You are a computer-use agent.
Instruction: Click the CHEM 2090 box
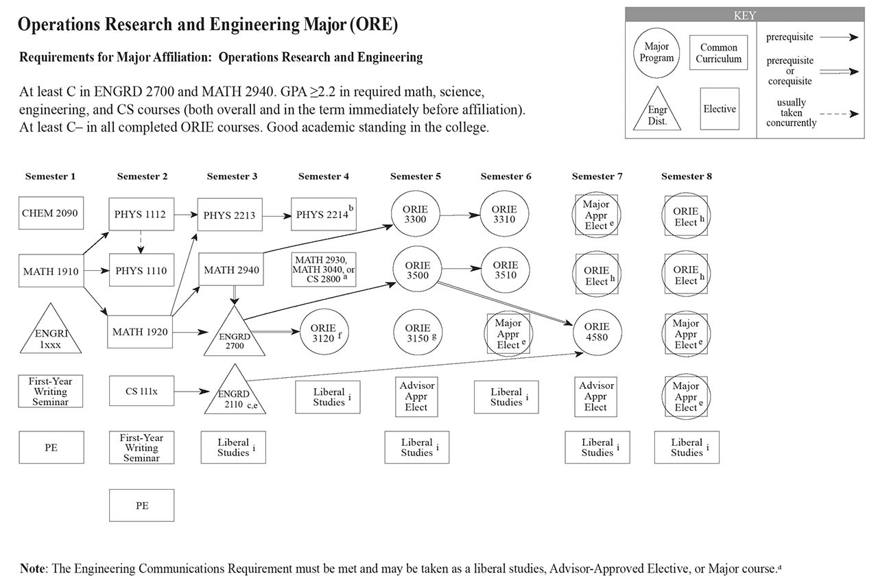coord(50,213)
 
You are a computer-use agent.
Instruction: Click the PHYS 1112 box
coord(141,214)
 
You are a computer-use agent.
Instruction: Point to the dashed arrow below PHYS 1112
coord(141,241)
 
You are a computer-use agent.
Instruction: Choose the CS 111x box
coord(141,391)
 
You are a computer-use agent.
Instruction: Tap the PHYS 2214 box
coord(323,215)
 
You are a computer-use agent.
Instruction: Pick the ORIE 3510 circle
coord(505,270)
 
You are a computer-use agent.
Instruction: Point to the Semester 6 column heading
coord(506,176)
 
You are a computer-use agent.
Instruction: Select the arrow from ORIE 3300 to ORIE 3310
coord(460,215)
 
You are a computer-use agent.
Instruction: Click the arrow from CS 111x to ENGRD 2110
coord(191,392)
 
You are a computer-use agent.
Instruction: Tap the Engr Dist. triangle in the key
coord(656,110)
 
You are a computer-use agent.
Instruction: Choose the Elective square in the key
coord(720,109)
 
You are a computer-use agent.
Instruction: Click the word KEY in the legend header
coord(744,15)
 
